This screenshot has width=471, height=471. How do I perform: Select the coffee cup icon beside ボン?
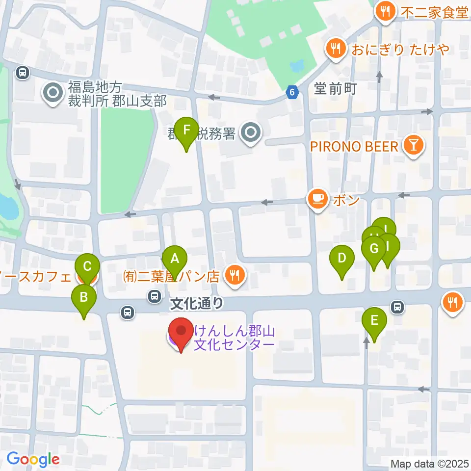coord(318,199)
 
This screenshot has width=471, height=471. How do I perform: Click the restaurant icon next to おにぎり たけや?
coord(336,49)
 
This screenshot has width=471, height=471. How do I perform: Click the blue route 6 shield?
coord(292,92)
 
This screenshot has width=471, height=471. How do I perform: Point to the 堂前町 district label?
coord(335,89)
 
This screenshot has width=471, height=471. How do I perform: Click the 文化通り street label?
coord(197,304)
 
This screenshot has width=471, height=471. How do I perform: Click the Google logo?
coord(33,459)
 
